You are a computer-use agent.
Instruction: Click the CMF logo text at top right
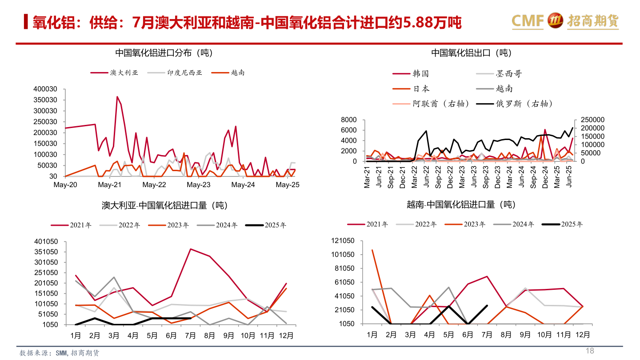528,20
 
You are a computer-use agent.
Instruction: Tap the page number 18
590,351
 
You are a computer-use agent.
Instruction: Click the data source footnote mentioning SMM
59,353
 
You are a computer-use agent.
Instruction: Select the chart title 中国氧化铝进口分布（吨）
164,53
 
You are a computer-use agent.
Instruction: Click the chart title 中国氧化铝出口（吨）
471,53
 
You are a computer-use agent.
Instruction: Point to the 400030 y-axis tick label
45,89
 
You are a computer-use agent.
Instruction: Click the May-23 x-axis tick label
199,185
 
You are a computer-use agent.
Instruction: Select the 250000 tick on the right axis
589,120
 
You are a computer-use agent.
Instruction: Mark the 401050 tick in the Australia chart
46,242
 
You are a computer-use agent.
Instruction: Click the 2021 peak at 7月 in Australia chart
190,249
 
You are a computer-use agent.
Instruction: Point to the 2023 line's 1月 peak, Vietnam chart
372,250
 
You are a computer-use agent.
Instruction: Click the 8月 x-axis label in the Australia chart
209,336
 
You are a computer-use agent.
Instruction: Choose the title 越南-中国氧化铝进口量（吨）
461,205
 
